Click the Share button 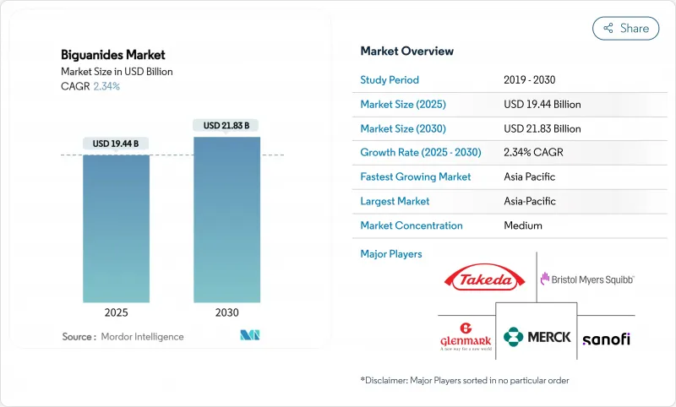click(625, 28)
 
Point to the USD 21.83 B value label click(226, 126)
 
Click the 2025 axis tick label click(116, 312)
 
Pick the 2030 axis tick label click(226, 312)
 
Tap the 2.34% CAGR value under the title click(106, 86)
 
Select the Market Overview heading click(406, 51)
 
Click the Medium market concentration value click(523, 225)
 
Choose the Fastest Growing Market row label click(415, 177)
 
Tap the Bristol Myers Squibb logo click(587, 279)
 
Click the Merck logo click(537, 337)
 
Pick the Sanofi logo click(606, 339)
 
